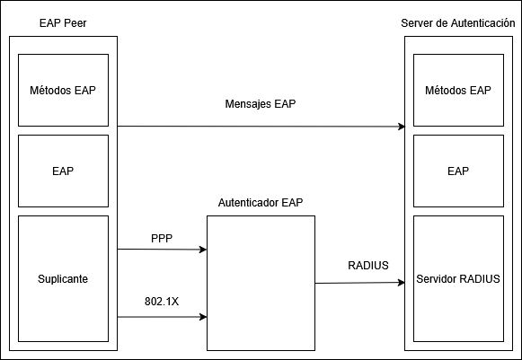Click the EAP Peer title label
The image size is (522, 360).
[x=63, y=22]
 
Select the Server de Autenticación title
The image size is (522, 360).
[x=457, y=22]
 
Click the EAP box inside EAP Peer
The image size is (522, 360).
[x=63, y=170]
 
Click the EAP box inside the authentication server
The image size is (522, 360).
[x=457, y=170]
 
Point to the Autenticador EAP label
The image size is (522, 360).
[x=261, y=203]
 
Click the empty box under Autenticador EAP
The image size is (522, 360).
[x=261, y=283]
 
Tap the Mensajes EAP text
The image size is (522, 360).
[x=261, y=104]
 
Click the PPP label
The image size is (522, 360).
[x=162, y=240]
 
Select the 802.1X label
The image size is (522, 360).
[x=162, y=301]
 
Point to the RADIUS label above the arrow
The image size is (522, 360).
[x=368, y=266]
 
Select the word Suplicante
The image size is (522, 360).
[x=63, y=279]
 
